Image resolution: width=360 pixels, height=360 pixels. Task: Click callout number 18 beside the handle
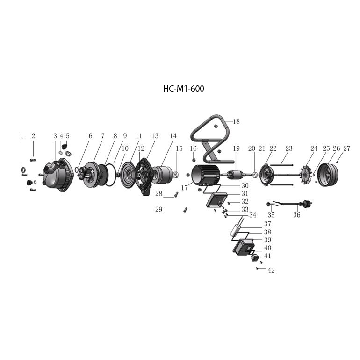tap(236, 122)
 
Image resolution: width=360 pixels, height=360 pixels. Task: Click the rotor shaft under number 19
tap(236, 175)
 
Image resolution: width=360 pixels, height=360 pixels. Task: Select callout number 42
tap(271, 270)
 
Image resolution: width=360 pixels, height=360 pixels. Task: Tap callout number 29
tap(159, 210)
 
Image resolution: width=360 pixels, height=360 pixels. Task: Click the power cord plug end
tap(307, 203)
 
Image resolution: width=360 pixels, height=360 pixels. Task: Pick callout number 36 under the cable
tap(297, 215)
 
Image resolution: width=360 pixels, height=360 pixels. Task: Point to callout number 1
tap(22, 136)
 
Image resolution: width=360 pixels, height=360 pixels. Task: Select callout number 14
tap(173, 136)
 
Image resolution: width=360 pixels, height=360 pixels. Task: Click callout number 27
tap(346, 148)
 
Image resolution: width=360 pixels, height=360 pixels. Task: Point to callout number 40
tap(267, 248)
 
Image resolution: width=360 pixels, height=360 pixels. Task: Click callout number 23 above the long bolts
tap(289, 148)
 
